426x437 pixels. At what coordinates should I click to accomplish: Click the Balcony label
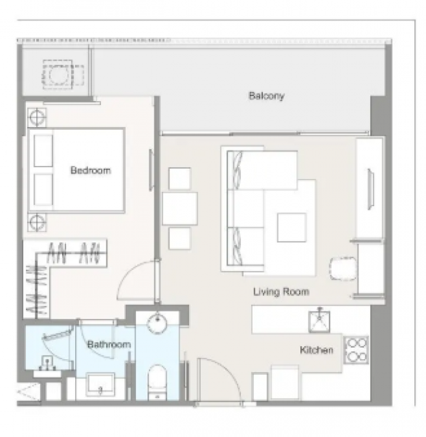[266, 96]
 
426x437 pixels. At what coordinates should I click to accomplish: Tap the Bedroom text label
[91, 170]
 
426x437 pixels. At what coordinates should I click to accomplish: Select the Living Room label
[281, 292]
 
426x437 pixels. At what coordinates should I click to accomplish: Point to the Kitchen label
[317, 350]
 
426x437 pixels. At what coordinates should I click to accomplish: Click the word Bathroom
[109, 344]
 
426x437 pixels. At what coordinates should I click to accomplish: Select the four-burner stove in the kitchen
[356, 350]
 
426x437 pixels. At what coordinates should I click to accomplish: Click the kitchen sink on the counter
[319, 322]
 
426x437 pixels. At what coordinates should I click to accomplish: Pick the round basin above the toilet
[157, 323]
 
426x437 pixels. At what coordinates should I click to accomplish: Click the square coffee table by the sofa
[292, 227]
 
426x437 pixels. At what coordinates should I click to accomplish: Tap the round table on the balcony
[58, 74]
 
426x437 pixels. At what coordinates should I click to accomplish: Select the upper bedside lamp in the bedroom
[37, 117]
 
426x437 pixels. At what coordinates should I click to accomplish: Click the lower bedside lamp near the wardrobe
[37, 223]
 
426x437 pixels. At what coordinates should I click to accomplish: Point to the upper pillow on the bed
[43, 151]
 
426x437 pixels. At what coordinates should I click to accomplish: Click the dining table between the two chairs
[180, 208]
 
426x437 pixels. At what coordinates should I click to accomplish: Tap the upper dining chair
[180, 179]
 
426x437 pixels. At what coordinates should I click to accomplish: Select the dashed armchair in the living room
[343, 268]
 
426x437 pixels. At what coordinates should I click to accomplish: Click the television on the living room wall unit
[371, 189]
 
